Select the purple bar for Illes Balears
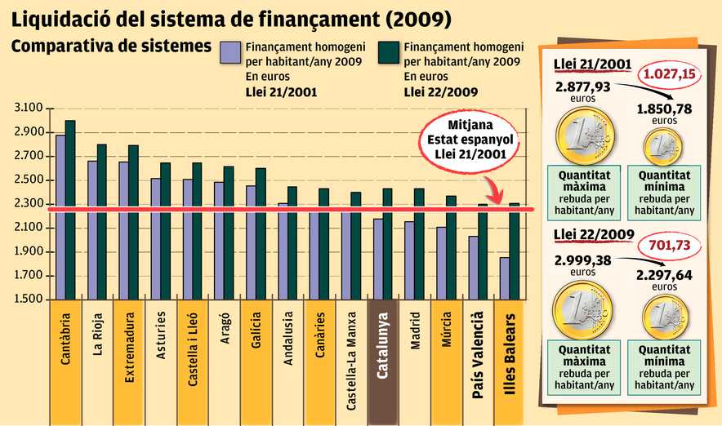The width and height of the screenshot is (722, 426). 506,278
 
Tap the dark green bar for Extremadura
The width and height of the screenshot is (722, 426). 133,221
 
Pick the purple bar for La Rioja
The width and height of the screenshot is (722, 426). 92,229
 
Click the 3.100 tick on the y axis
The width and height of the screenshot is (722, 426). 29,109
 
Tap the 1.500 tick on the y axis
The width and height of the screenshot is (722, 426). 29,300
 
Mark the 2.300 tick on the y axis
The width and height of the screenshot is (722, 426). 29,204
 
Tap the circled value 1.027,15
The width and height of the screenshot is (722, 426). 669,74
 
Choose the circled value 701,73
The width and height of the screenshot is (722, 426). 668,245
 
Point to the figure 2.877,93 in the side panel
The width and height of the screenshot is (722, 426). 583,87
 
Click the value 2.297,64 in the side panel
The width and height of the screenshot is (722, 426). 664,275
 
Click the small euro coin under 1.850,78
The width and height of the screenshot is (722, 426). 664,147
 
